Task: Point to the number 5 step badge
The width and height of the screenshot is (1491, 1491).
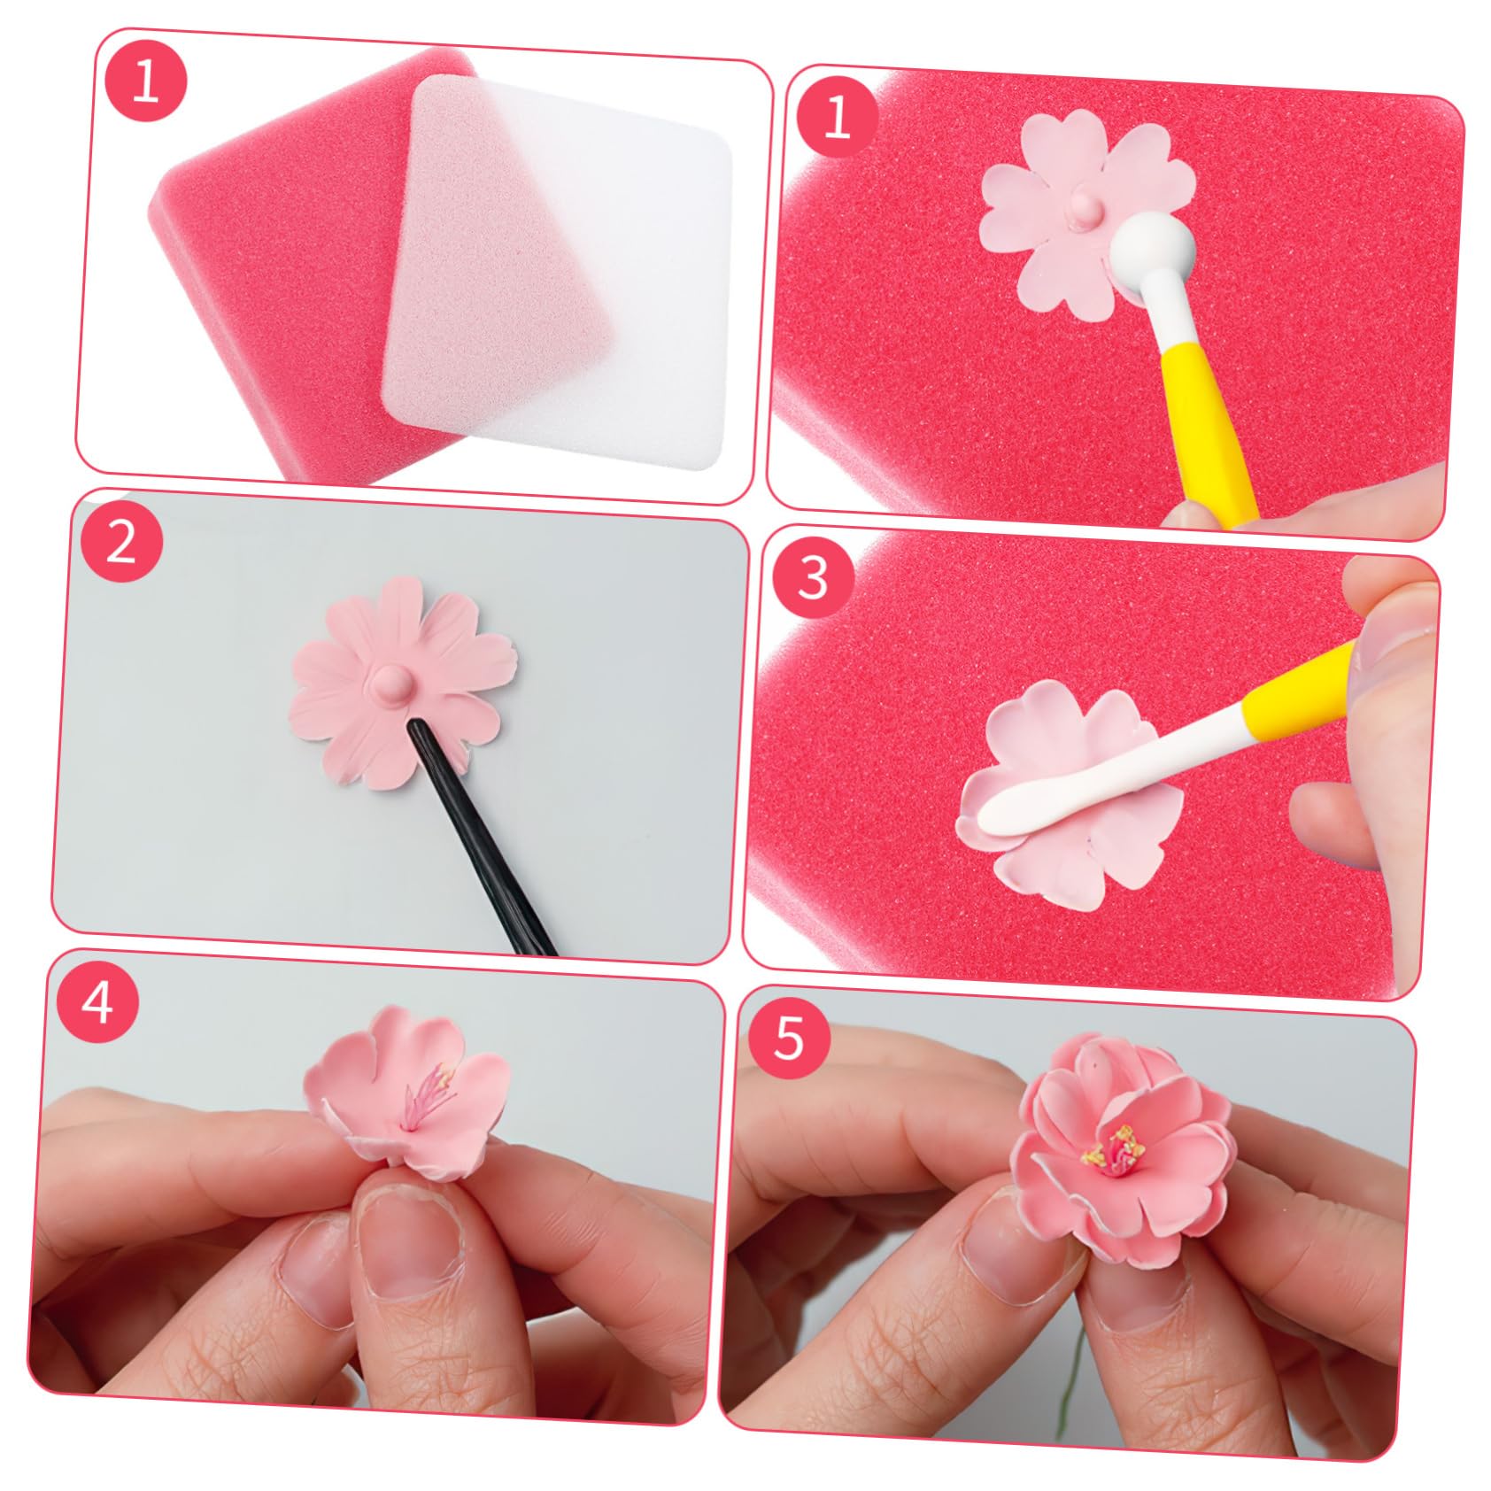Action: click(x=789, y=1037)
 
